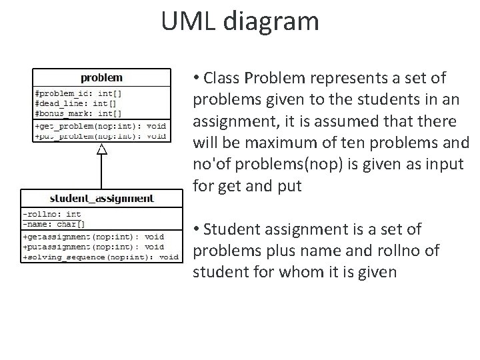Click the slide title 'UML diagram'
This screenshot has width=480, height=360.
click(240, 21)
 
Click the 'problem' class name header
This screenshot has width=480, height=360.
click(101, 78)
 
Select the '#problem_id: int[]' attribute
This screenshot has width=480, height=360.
click(77, 94)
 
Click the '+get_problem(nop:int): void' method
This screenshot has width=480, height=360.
click(100, 126)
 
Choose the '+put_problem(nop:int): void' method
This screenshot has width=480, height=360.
click(100, 135)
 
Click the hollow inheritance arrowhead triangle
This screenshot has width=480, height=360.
click(101, 149)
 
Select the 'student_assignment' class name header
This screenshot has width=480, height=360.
click(101, 199)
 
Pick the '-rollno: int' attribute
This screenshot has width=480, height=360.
click(52, 214)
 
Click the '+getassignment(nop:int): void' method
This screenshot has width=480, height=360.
click(93, 236)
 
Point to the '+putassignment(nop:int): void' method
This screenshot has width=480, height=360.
click(93, 246)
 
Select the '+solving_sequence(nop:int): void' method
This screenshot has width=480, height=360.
click(101, 256)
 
